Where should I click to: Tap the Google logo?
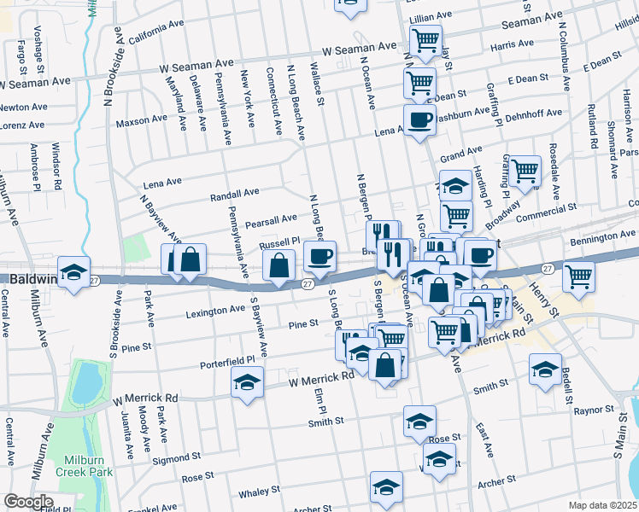27,502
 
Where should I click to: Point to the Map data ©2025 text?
602,505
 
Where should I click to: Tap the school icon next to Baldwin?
74,273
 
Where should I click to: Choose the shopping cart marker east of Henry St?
579,276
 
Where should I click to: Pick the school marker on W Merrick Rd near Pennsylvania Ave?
246,383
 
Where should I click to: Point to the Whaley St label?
253,492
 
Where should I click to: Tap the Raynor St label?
594,410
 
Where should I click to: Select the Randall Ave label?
235,194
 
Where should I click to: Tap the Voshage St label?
38,43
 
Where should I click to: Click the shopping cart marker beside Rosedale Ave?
524,171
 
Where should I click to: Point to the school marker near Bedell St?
544,369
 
